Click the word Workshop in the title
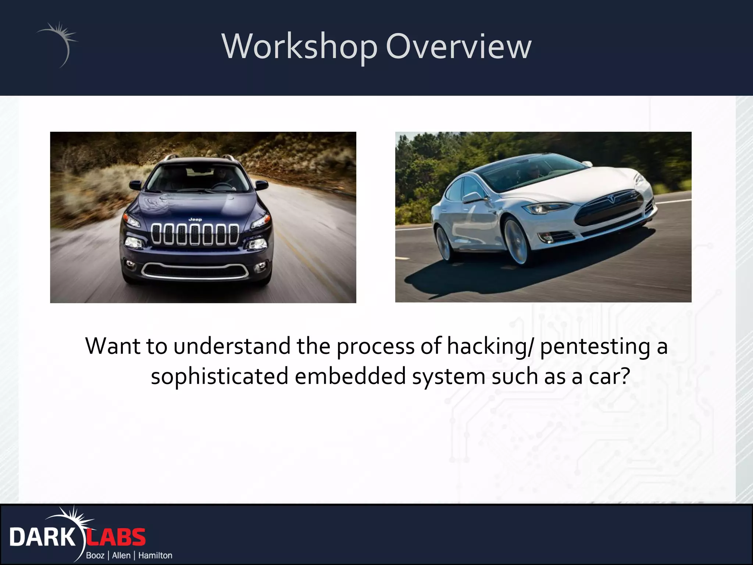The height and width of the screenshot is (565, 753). (x=300, y=47)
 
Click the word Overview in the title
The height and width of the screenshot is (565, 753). (x=458, y=47)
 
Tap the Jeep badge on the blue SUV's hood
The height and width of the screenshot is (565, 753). (x=195, y=220)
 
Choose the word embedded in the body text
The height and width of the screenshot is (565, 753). (x=350, y=376)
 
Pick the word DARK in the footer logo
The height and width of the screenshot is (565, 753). (x=42, y=537)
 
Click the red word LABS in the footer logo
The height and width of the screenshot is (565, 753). (x=116, y=537)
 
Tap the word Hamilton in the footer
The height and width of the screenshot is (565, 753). (x=155, y=555)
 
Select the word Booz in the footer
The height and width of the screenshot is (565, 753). (x=95, y=555)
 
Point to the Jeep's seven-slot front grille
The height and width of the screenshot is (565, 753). (x=195, y=234)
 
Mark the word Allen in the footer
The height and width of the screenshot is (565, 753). (x=121, y=555)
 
